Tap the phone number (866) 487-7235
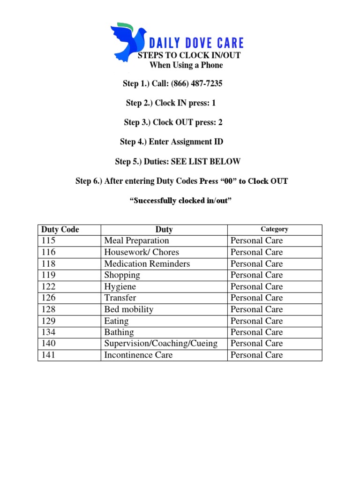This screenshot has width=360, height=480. (x=196, y=84)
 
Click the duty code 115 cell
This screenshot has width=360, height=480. (x=48, y=240)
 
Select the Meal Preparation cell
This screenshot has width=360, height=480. (x=136, y=240)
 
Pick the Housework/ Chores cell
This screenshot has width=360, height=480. (x=142, y=252)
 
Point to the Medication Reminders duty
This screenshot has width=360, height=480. (x=147, y=263)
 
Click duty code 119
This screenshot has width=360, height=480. (x=48, y=275)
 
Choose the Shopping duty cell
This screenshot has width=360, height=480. (x=122, y=275)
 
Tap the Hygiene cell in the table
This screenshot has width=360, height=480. (x=120, y=286)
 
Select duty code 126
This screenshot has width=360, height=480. (x=48, y=298)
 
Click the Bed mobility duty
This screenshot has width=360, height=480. (x=129, y=309)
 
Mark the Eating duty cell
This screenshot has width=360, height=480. (x=116, y=321)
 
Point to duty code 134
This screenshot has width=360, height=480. (x=48, y=332)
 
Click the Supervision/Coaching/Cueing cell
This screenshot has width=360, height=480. (x=161, y=344)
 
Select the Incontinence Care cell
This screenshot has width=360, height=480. (x=138, y=355)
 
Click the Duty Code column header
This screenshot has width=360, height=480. (x=60, y=230)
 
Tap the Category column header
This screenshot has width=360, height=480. (x=274, y=229)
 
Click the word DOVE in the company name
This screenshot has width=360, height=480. (x=187, y=44)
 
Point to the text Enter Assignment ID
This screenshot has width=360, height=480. (x=186, y=142)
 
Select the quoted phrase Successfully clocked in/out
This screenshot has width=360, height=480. (x=180, y=201)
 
